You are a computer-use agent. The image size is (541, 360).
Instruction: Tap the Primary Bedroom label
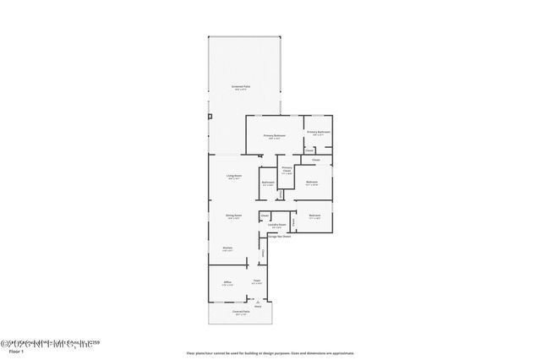click(x=274, y=135)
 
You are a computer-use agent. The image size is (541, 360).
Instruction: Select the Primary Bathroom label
click(x=318, y=132)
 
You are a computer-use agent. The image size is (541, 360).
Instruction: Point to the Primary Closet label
click(x=287, y=169)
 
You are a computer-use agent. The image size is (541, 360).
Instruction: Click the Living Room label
click(x=234, y=176)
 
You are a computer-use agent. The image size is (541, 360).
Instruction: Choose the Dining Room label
click(x=234, y=215)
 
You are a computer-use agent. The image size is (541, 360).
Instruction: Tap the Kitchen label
click(x=228, y=248)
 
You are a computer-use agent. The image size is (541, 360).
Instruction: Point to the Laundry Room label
click(x=276, y=225)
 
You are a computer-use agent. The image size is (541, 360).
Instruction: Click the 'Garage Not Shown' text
click(x=278, y=236)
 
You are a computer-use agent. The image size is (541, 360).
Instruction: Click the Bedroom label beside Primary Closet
click(x=311, y=182)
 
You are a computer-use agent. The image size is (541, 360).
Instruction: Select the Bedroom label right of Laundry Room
click(x=314, y=215)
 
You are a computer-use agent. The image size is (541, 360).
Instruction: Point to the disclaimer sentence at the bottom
click(x=270, y=352)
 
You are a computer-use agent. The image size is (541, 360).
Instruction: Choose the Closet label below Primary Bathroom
click(x=316, y=159)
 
